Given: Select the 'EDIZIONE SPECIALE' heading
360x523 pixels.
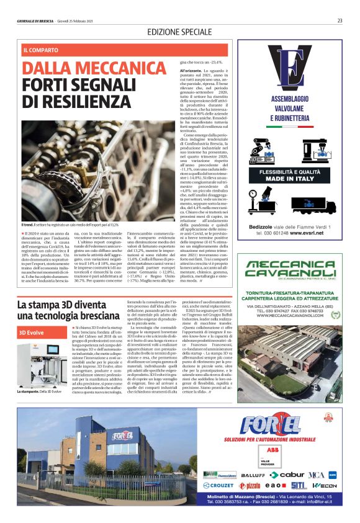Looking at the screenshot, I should click(x=180, y=32).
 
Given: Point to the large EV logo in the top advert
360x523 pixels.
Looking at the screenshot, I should click(x=288, y=69).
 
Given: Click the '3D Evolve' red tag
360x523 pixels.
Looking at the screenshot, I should click(x=32, y=332).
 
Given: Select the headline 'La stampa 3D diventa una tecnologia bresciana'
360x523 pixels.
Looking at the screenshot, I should click(x=62, y=310).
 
